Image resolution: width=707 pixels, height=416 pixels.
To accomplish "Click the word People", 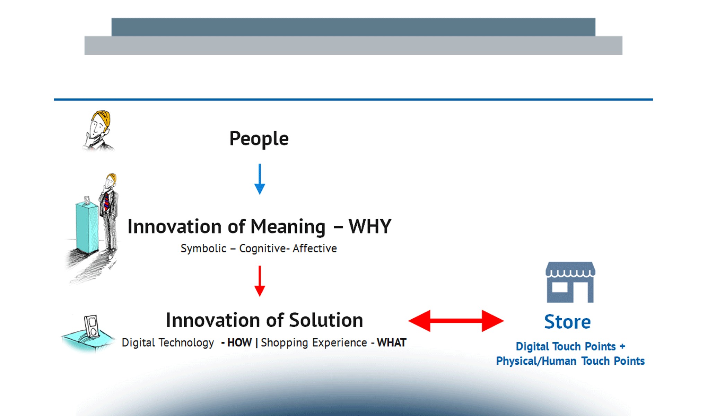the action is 259,139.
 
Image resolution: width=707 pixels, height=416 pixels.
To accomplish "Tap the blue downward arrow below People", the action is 260,179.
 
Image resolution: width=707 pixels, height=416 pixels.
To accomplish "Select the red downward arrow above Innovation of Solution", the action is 260,281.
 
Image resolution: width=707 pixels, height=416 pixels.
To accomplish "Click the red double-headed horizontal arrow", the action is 456,321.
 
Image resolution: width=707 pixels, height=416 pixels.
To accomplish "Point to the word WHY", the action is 370,226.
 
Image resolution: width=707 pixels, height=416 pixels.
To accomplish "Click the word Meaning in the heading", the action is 288,227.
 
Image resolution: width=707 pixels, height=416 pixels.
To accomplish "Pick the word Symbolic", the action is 203,249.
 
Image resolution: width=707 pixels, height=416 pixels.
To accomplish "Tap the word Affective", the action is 315,248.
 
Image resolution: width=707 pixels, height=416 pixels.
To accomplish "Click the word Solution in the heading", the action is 326,320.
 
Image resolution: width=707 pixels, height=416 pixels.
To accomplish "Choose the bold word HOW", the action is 239,343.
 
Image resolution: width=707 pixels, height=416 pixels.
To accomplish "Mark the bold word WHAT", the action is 392,343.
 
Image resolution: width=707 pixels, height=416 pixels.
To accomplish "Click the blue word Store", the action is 567,322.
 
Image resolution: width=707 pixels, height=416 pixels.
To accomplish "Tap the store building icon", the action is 570,282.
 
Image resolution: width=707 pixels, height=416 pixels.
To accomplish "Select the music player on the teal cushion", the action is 91,326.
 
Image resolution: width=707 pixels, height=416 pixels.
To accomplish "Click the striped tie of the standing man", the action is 106,201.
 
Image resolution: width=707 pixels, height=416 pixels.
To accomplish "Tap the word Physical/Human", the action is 536,361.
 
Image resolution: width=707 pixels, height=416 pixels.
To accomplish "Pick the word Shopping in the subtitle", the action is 284,343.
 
